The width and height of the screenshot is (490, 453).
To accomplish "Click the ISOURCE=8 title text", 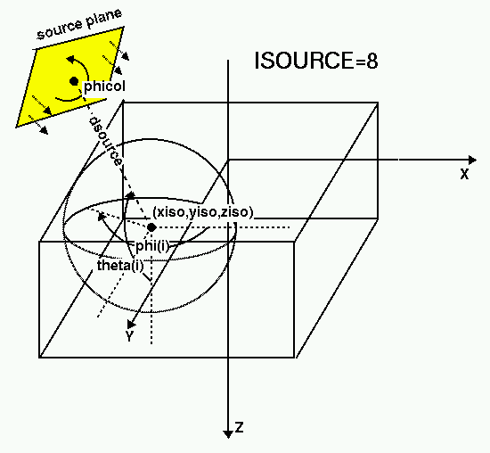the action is pyautogui.click(x=316, y=61).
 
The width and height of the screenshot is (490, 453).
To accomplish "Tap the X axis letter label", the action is pyautogui.click(x=465, y=174).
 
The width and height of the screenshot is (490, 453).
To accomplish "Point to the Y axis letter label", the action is pyautogui.click(x=129, y=335).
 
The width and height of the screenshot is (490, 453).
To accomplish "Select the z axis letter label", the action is pyautogui.click(x=240, y=427).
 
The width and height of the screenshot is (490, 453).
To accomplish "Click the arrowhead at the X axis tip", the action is pyautogui.click(x=472, y=161).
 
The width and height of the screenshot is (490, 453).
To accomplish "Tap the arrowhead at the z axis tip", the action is pyautogui.click(x=228, y=434).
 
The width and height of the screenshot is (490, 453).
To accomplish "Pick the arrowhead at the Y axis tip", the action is pyautogui.click(x=131, y=324).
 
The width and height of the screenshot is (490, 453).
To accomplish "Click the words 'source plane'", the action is pyautogui.click(x=79, y=24).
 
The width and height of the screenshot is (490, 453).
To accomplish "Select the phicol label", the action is pyautogui.click(x=105, y=86).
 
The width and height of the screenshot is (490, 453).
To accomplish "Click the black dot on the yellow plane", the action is pyautogui.click(x=74, y=81).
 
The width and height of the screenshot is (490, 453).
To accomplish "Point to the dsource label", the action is pyautogui.click(x=105, y=142).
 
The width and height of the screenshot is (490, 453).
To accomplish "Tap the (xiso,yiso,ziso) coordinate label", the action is pyautogui.click(x=203, y=212).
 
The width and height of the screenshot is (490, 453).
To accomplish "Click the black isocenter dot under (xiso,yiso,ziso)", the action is pyautogui.click(x=151, y=227).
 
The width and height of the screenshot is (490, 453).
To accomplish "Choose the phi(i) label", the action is pyautogui.click(x=152, y=246).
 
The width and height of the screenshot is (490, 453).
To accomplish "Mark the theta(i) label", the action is pyautogui.click(x=120, y=266).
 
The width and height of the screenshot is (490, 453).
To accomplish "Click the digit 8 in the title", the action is pyautogui.click(x=372, y=61).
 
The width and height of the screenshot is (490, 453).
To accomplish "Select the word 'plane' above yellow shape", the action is pyautogui.click(x=103, y=18).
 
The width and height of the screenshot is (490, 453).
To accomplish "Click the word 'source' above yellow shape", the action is pyautogui.click(x=60, y=30).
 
